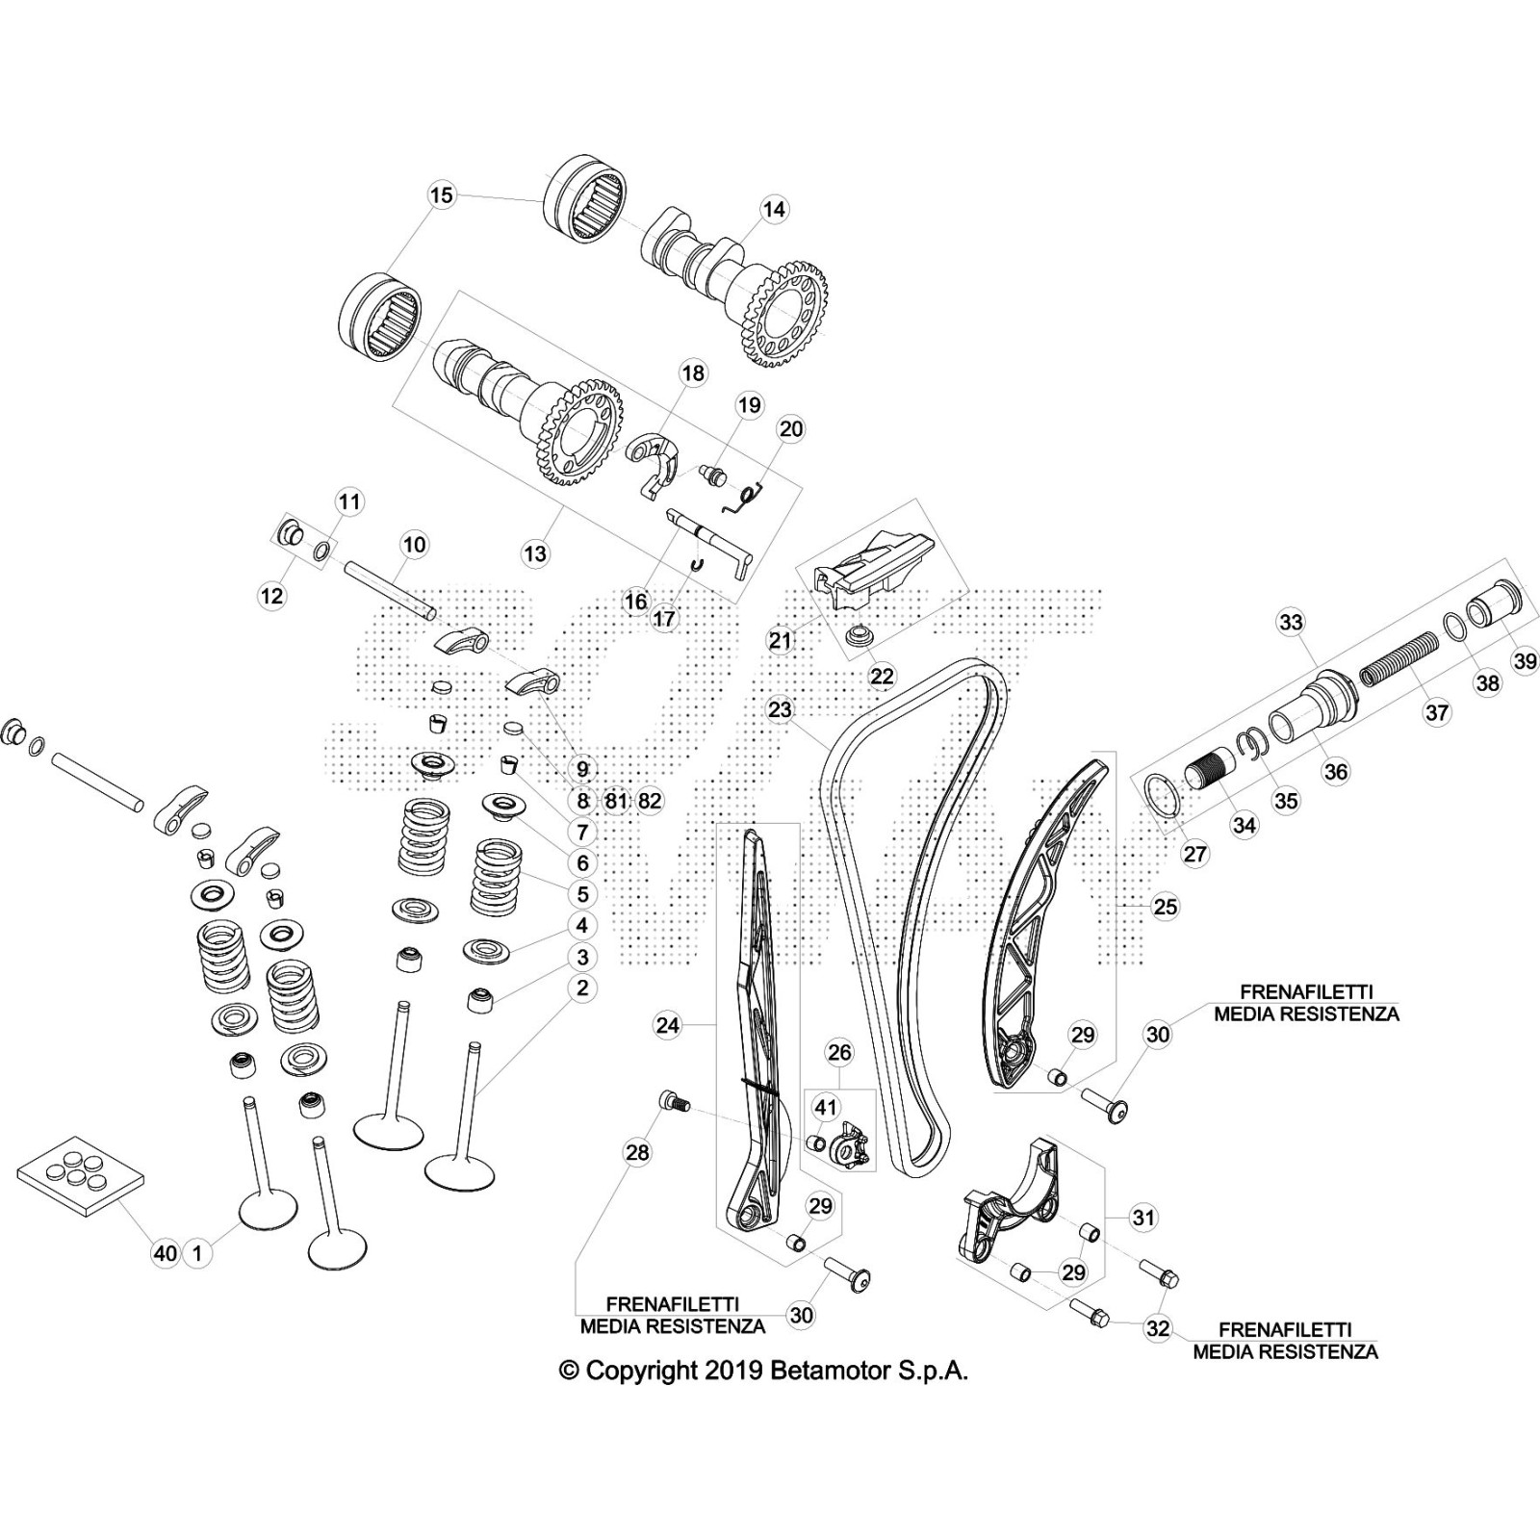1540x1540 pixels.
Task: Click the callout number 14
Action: pos(774,208)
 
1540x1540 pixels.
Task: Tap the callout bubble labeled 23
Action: pos(780,710)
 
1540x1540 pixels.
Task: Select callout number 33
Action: pos(1291,622)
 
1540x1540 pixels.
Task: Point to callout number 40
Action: pos(166,1253)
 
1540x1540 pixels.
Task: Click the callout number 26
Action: pos(840,1053)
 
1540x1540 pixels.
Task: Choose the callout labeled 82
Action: pos(650,801)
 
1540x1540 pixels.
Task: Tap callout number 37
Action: pos(1436,712)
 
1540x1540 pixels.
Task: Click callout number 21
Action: pos(781,639)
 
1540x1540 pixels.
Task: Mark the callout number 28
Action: pos(637,1152)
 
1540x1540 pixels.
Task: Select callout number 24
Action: pos(668,1026)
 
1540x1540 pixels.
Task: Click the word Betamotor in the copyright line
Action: pos(821,1371)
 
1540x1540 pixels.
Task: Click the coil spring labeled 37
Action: pos(1395,663)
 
